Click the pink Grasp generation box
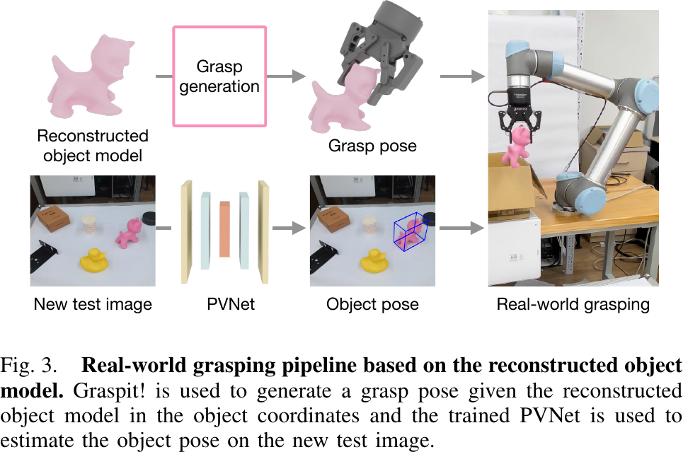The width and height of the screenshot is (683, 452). pyautogui.click(x=219, y=76)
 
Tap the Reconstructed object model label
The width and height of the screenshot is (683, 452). pyautogui.click(x=93, y=145)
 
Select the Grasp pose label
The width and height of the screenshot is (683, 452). pyautogui.click(x=372, y=146)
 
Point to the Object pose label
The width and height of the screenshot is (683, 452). pyautogui.click(x=372, y=305)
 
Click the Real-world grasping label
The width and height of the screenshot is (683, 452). pyautogui.click(x=573, y=305)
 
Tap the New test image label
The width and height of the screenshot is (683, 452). pyautogui.click(x=93, y=305)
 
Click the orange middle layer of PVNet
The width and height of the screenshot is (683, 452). pyautogui.click(x=225, y=228)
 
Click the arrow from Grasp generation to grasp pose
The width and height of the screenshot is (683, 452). pyautogui.click(x=287, y=76)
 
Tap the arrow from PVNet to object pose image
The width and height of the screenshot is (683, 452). pyautogui.click(x=287, y=228)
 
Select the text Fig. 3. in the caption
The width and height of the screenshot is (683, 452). pyautogui.click(x=29, y=366)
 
